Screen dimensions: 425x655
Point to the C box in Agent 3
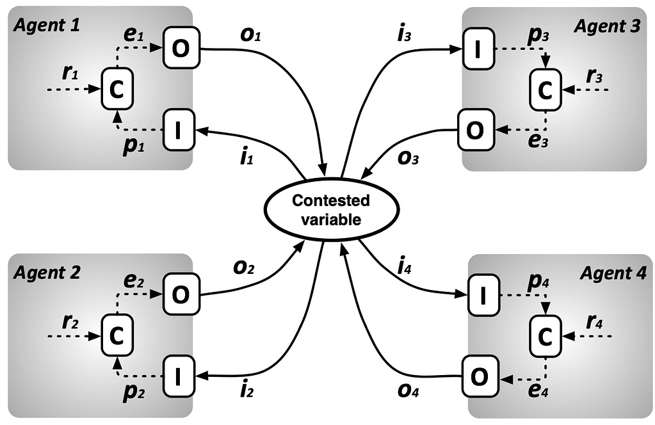pyautogui.click(x=544, y=91)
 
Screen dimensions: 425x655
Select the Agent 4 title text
pyautogui.click(x=613, y=273)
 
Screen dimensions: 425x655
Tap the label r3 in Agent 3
pyautogui.click(x=593, y=75)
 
